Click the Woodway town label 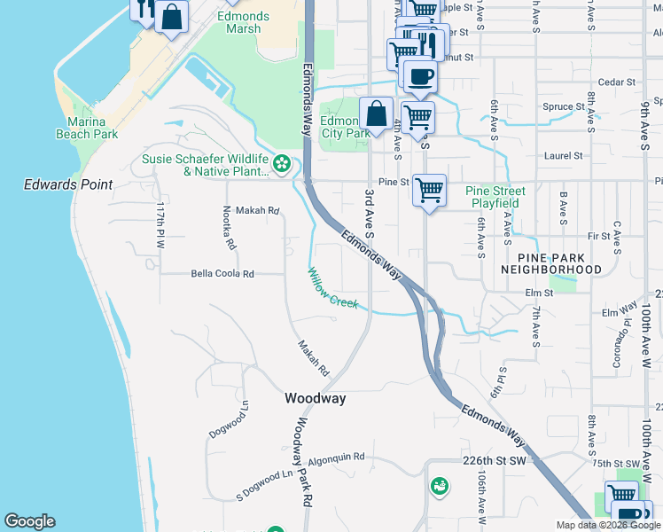(315, 399)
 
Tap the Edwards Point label (68, 184)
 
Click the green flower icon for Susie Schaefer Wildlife (282, 163)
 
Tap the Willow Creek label (333, 288)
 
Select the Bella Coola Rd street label (222, 274)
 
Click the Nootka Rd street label (230, 227)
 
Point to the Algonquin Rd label (336, 458)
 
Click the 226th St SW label (494, 461)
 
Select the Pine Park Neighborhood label (550, 262)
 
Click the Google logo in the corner (29, 521)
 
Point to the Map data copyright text (607, 525)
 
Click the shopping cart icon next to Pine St (429, 189)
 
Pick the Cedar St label (617, 82)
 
